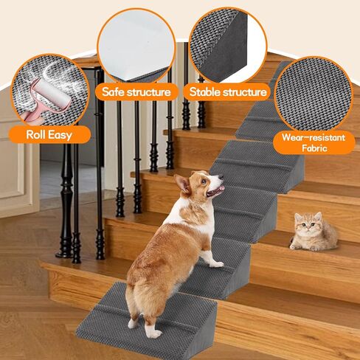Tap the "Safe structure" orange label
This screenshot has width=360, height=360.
click(137, 92)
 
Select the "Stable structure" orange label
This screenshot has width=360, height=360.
click(228, 92)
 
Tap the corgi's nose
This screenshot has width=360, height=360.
click(223, 177)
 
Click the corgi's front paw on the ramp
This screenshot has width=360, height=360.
click(215, 263)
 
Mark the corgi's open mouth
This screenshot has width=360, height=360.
click(214, 193)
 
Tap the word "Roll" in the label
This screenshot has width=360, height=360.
click(38, 134)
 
